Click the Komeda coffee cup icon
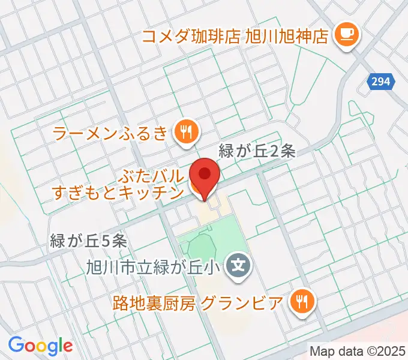click(346, 33)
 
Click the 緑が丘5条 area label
click(88, 241)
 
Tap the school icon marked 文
click(239, 263)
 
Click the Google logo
click(40, 345)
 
